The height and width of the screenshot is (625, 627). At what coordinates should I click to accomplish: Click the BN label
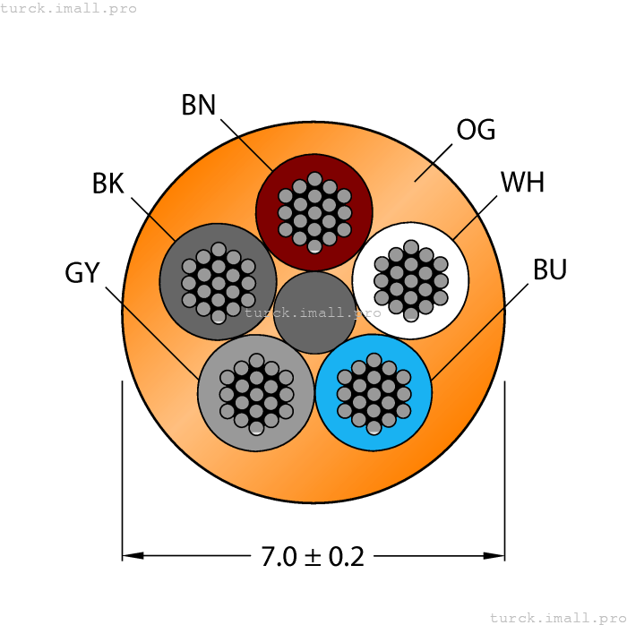[x=199, y=106]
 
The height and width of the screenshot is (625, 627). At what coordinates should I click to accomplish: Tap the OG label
[x=476, y=130]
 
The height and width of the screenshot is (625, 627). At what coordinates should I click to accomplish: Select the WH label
[x=522, y=183]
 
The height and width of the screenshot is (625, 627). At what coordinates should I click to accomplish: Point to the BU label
[x=550, y=269]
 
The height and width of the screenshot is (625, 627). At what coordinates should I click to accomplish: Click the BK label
[x=107, y=184]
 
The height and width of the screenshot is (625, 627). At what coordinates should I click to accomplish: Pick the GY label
[x=82, y=273]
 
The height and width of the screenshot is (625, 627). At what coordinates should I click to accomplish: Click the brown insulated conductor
[x=314, y=212]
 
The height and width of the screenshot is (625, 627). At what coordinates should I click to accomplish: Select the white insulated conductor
[x=411, y=280]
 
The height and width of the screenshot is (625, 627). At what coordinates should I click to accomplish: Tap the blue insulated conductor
[x=374, y=392]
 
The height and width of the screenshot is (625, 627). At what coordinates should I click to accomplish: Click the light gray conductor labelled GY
[x=256, y=393]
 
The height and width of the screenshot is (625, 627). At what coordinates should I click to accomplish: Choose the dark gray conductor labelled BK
[x=218, y=281]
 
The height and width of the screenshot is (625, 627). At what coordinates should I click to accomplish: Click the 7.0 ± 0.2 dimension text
[x=313, y=557]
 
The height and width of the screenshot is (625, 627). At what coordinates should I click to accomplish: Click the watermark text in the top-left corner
[x=69, y=8]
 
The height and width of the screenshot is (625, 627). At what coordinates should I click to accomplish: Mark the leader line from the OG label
[x=434, y=161]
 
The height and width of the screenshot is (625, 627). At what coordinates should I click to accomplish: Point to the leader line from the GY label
[x=152, y=332]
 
